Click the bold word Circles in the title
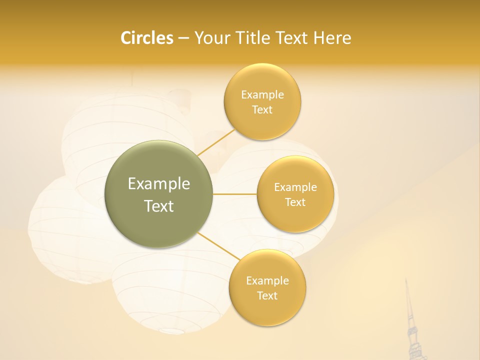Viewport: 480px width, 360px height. pyautogui.click(x=147, y=38)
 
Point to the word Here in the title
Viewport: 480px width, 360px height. pyautogui.click(x=333, y=38)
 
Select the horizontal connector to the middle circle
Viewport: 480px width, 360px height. pyautogui.click(x=234, y=194)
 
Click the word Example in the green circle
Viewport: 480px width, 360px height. pyautogui.click(x=159, y=184)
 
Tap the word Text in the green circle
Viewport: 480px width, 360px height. pyautogui.click(x=159, y=206)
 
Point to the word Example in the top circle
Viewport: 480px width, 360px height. pyautogui.click(x=262, y=94)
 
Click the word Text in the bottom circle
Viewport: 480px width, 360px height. pyautogui.click(x=267, y=296)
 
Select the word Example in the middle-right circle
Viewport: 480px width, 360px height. pyautogui.click(x=295, y=187)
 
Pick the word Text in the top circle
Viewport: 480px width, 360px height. pyautogui.click(x=262, y=110)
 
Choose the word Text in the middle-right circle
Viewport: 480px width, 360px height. pyautogui.click(x=295, y=202)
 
